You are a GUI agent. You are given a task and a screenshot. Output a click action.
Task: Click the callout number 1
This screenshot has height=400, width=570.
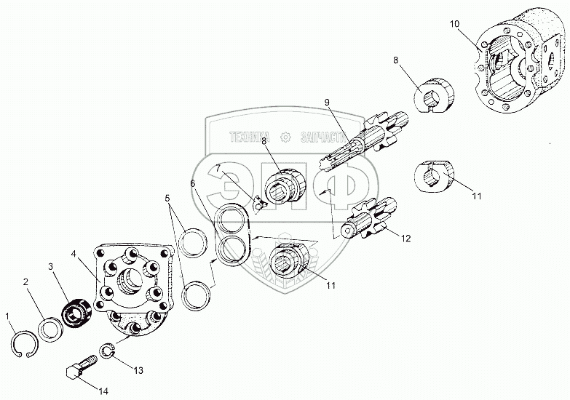(8, 316)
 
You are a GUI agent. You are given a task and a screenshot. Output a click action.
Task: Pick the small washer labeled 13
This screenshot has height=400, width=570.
(106, 352)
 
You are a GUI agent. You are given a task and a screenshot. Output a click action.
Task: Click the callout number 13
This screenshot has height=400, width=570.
(138, 370)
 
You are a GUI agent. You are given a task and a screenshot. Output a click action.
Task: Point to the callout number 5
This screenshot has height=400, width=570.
(167, 197)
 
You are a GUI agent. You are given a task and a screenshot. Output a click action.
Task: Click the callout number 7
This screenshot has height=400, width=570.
(216, 169)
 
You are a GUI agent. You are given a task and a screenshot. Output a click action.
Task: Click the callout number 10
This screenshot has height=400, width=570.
(454, 24)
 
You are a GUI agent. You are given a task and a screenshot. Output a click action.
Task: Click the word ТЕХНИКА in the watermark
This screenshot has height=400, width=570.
(250, 136)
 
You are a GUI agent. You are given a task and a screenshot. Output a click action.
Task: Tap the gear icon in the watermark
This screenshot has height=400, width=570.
(285, 136)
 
